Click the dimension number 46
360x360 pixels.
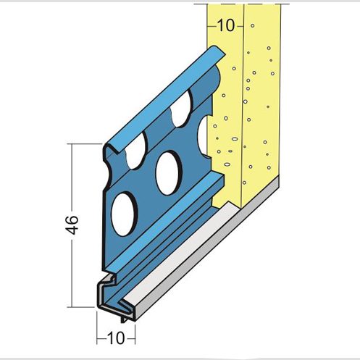click(x=72, y=225)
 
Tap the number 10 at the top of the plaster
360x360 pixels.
click(x=226, y=25)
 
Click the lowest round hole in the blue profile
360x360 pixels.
click(x=124, y=214)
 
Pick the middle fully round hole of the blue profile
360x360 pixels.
click(x=169, y=173)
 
